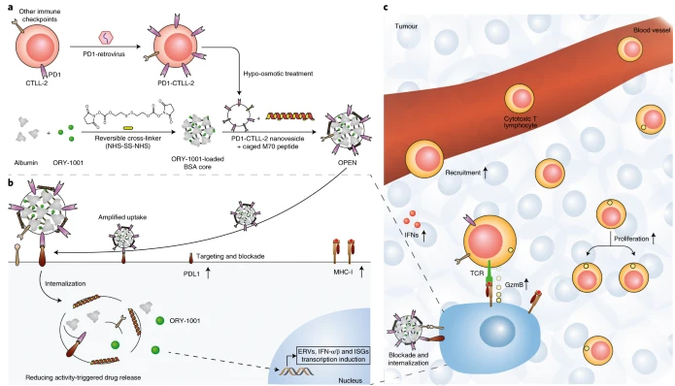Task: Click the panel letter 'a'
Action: click(11, 8)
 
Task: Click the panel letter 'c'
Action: click(386, 8)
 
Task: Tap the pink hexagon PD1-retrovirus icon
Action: click(106, 38)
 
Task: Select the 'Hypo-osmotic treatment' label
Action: click(278, 74)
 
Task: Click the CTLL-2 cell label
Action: click(37, 82)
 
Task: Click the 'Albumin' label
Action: click(26, 163)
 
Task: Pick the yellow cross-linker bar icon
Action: click(128, 127)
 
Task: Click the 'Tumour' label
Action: click(406, 26)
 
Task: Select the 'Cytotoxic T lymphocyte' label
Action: click(521, 121)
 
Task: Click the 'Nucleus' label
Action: click(350, 380)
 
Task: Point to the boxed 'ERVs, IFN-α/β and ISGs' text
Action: click(333, 351)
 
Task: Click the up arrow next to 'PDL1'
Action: click(209, 273)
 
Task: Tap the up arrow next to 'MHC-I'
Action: click(361, 272)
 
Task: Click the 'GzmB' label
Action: click(514, 284)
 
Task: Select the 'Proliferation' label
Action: click(631, 239)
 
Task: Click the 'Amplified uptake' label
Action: click(122, 217)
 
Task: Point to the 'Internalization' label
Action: click(65, 284)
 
